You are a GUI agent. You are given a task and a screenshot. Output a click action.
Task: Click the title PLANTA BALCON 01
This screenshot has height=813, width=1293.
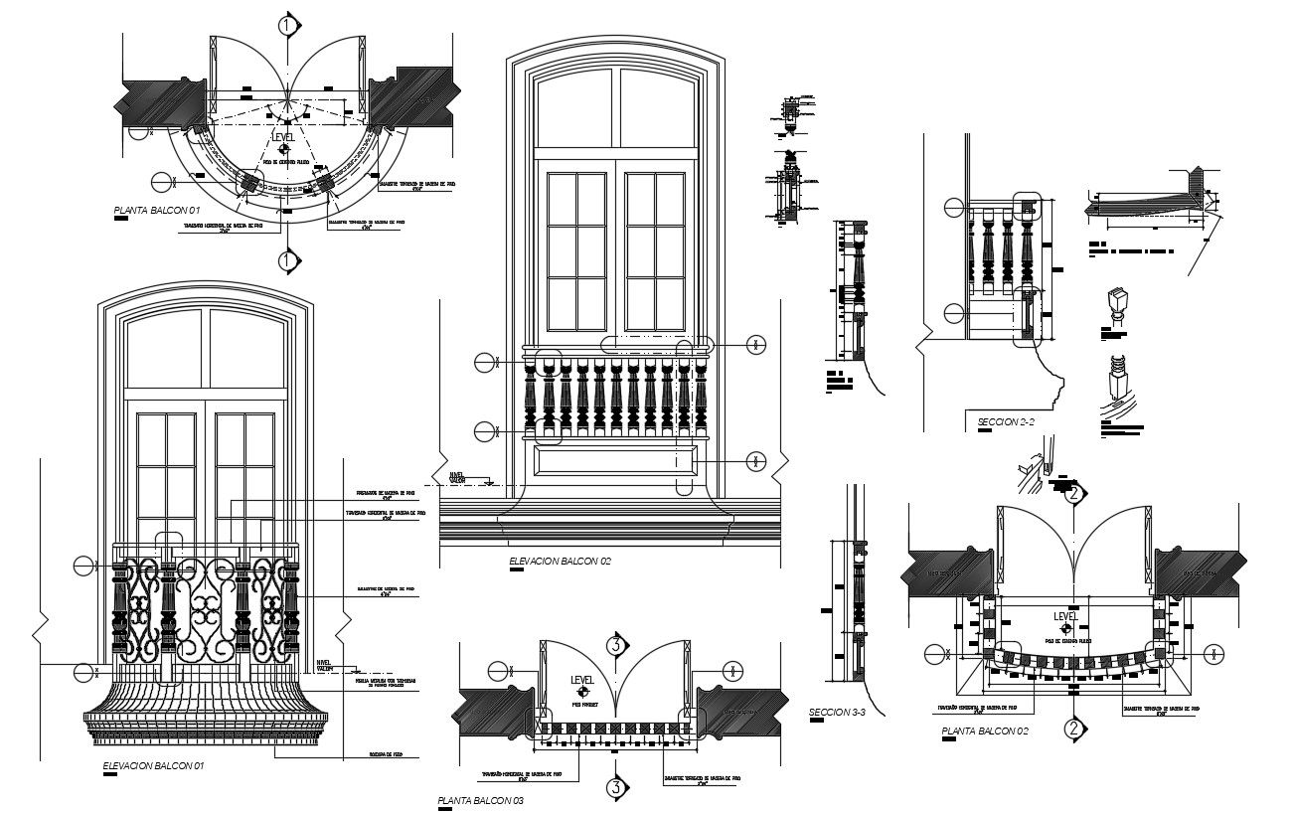[x=157, y=211]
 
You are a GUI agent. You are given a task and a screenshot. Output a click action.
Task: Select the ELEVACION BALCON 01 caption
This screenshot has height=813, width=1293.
[x=154, y=766]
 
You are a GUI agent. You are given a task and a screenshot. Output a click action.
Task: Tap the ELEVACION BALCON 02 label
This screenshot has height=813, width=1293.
[x=560, y=562]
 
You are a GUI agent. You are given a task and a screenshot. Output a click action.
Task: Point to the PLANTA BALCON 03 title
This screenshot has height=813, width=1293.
[x=480, y=800]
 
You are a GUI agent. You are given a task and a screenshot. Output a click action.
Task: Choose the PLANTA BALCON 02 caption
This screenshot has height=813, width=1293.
[x=985, y=732]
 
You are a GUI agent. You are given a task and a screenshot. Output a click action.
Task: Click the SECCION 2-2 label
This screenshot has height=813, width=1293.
[x=1006, y=422]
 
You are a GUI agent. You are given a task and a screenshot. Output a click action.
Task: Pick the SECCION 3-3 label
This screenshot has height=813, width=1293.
[x=837, y=712]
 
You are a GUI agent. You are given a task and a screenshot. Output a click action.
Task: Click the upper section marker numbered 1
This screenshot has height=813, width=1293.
[x=287, y=25]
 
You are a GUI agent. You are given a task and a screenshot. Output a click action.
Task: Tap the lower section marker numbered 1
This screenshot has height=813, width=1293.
[x=287, y=260]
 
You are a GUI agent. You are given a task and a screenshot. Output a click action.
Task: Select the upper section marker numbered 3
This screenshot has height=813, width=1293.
[x=616, y=645]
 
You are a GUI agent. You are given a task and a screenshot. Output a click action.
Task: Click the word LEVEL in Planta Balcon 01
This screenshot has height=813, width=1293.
[x=284, y=140]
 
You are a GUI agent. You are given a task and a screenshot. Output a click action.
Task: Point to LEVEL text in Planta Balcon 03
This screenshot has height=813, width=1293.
[x=582, y=680]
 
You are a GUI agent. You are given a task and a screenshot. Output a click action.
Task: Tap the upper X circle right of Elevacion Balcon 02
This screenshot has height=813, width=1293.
[x=755, y=345]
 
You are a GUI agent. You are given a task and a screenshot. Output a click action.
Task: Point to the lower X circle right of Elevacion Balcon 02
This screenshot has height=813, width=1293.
[x=755, y=460]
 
